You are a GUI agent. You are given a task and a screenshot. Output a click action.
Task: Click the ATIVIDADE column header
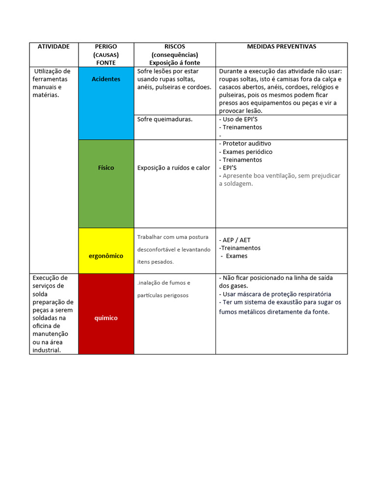[x=54, y=47]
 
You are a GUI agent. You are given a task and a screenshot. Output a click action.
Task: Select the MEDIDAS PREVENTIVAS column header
[x=281, y=47]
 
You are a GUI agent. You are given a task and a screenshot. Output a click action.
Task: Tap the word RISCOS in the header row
[x=175, y=47]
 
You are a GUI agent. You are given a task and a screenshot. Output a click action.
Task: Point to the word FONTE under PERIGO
[x=106, y=63]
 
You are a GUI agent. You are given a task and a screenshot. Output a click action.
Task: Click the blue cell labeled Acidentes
[x=106, y=79]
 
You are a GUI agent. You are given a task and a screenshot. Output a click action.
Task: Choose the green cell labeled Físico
[x=106, y=168]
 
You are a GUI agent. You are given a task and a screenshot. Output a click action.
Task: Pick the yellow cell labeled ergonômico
[x=106, y=256]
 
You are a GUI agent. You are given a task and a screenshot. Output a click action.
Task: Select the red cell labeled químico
[x=106, y=318]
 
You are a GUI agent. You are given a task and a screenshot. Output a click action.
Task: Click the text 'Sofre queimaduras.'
[x=165, y=119]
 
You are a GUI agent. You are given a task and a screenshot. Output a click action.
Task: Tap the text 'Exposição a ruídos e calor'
[x=174, y=168]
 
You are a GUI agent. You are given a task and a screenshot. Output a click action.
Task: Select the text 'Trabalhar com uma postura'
[x=173, y=237]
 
